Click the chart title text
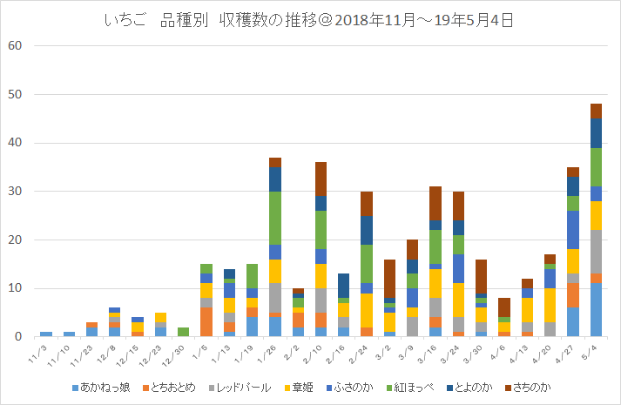point(310,20)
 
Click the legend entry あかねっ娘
point(103,386)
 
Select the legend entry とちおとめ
point(172,386)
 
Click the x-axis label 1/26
point(273,350)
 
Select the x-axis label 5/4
point(594,348)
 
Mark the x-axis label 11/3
point(44,350)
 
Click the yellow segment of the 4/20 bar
point(549,305)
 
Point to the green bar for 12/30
point(184,332)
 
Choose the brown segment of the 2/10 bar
point(321,179)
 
